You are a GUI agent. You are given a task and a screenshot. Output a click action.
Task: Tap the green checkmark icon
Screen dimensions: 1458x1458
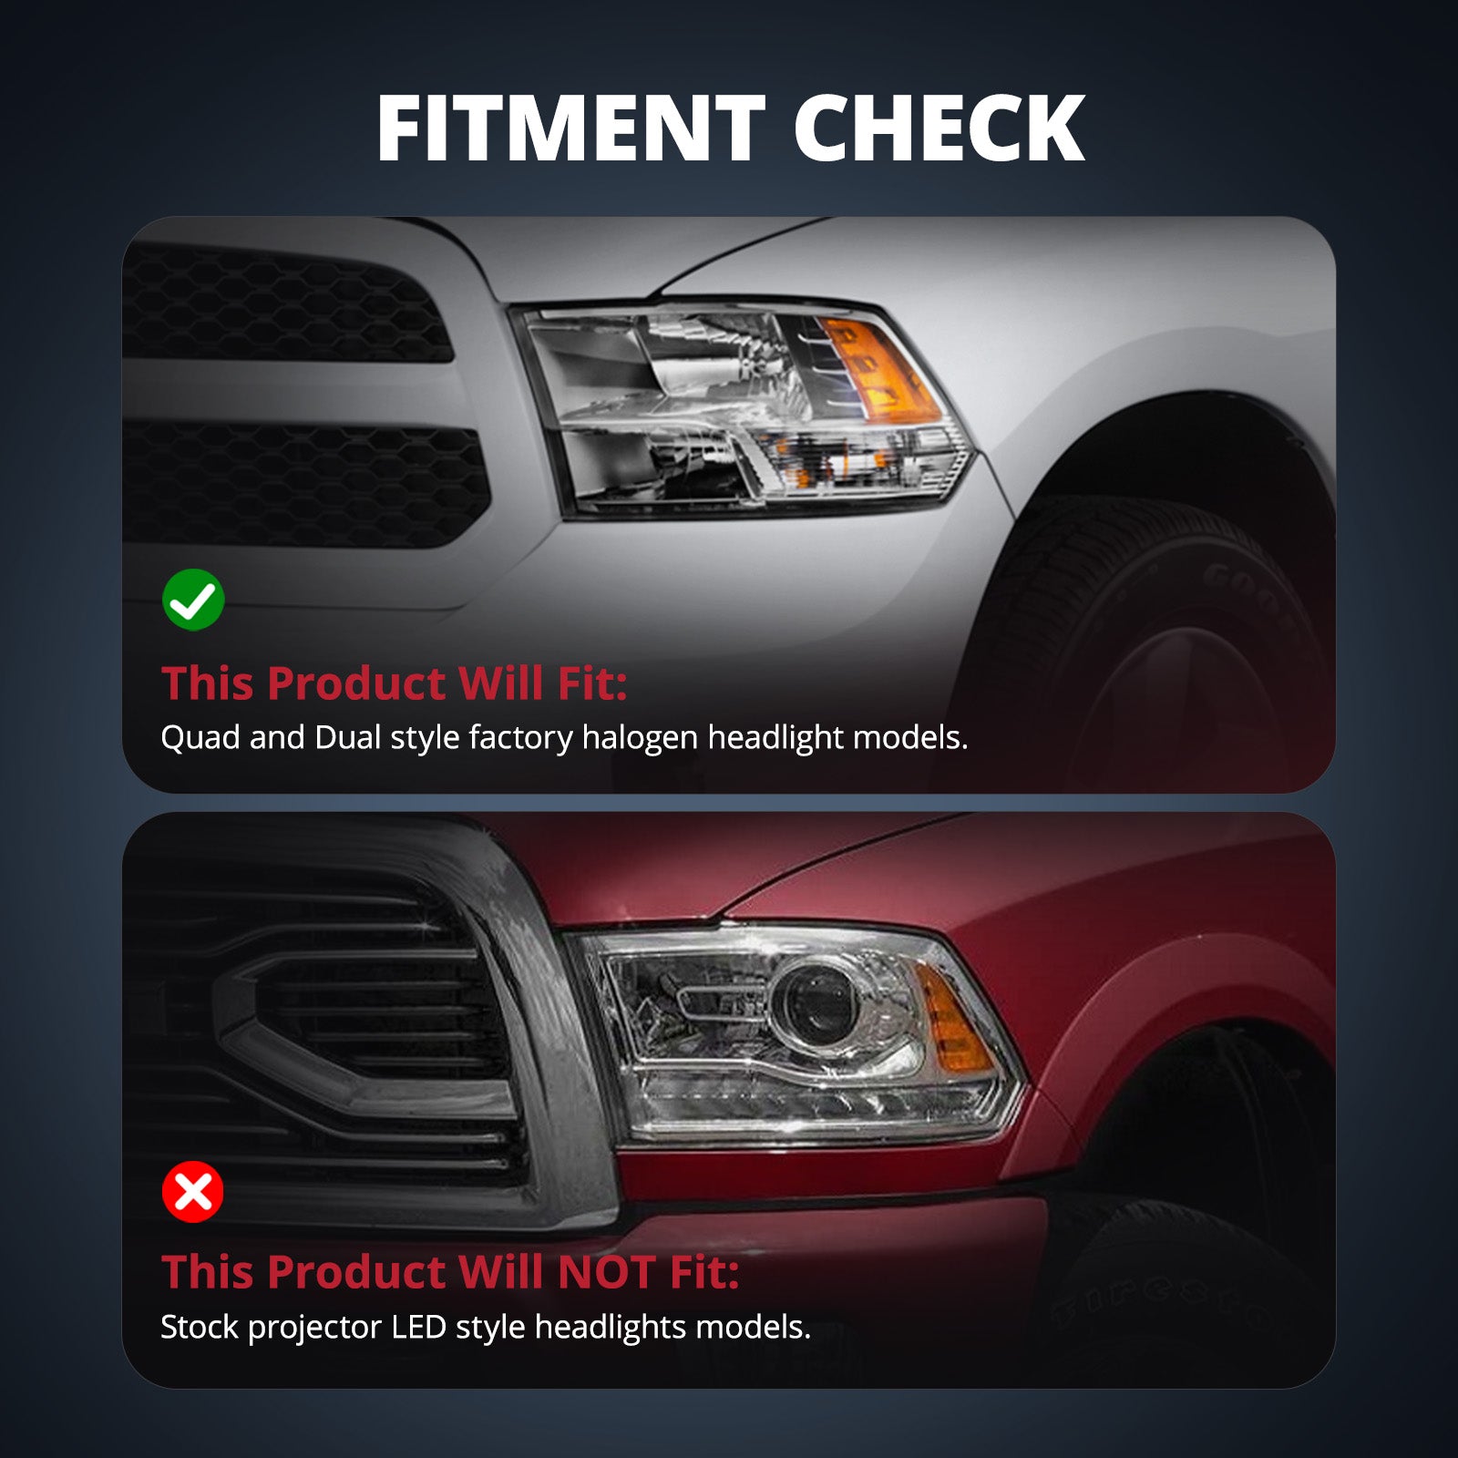coord(193,600)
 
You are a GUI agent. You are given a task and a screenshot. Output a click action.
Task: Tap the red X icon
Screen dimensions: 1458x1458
coord(193,1191)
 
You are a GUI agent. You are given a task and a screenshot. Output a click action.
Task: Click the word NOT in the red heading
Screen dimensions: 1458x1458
coord(606,1272)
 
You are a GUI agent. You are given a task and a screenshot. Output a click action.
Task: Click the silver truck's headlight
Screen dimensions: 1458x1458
coord(743,410)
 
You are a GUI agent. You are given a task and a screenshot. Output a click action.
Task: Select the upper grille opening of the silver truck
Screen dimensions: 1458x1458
coord(287,301)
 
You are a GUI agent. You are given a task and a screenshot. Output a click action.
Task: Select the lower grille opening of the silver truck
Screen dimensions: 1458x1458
coord(305,483)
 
